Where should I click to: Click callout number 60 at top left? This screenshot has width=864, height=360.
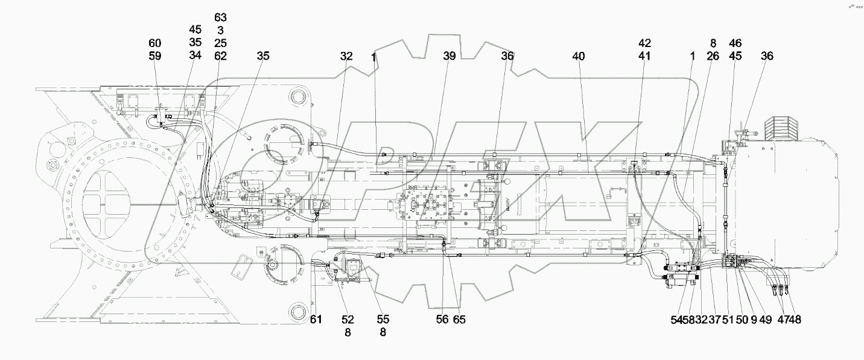(155, 43)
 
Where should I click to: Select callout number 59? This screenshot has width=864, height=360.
(155, 56)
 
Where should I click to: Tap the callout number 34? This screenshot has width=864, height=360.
(194, 56)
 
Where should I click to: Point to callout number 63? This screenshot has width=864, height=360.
(220, 17)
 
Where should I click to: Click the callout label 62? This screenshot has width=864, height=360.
(220, 56)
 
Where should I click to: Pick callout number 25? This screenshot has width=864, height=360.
(220, 43)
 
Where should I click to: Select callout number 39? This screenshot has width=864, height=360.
(449, 56)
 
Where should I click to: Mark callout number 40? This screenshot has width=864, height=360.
(579, 56)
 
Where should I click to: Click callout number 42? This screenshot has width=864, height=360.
(645, 43)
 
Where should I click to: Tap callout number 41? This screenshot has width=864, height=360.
(645, 56)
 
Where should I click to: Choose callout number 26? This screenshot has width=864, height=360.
(713, 56)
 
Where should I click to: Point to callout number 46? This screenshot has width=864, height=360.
(735, 43)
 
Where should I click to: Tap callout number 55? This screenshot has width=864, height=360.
(383, 320)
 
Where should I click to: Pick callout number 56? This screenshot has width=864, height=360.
(442, 320)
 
